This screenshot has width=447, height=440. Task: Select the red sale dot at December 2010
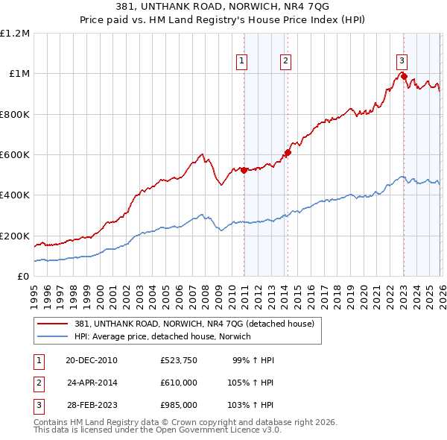click(244, 170)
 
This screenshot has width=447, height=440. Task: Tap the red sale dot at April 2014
click(288, 153)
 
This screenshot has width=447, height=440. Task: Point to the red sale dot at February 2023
click(404, 76)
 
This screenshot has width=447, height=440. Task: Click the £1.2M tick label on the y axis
click(15, 34)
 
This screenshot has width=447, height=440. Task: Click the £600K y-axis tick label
click(15, 155)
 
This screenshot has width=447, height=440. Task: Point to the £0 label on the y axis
click(22, 276)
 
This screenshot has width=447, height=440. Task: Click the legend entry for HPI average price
click(162, 336)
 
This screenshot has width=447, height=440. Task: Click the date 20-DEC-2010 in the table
click(92, 360)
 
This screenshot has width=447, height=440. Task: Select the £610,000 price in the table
click(179, 383)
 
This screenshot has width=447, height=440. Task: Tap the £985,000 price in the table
click(179, 406)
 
